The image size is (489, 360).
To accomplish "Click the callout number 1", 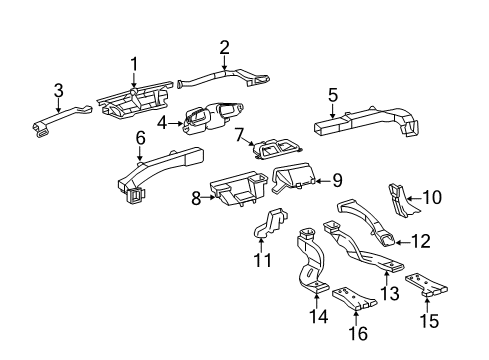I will click(133, 65).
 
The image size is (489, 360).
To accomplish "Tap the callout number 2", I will click(224, 46).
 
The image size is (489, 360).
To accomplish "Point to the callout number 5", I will click(333, 97).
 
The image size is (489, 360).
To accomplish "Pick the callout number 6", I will click(140, 137).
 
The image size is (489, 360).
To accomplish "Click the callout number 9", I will click(337, 181).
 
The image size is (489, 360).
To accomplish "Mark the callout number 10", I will click(432, 197).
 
